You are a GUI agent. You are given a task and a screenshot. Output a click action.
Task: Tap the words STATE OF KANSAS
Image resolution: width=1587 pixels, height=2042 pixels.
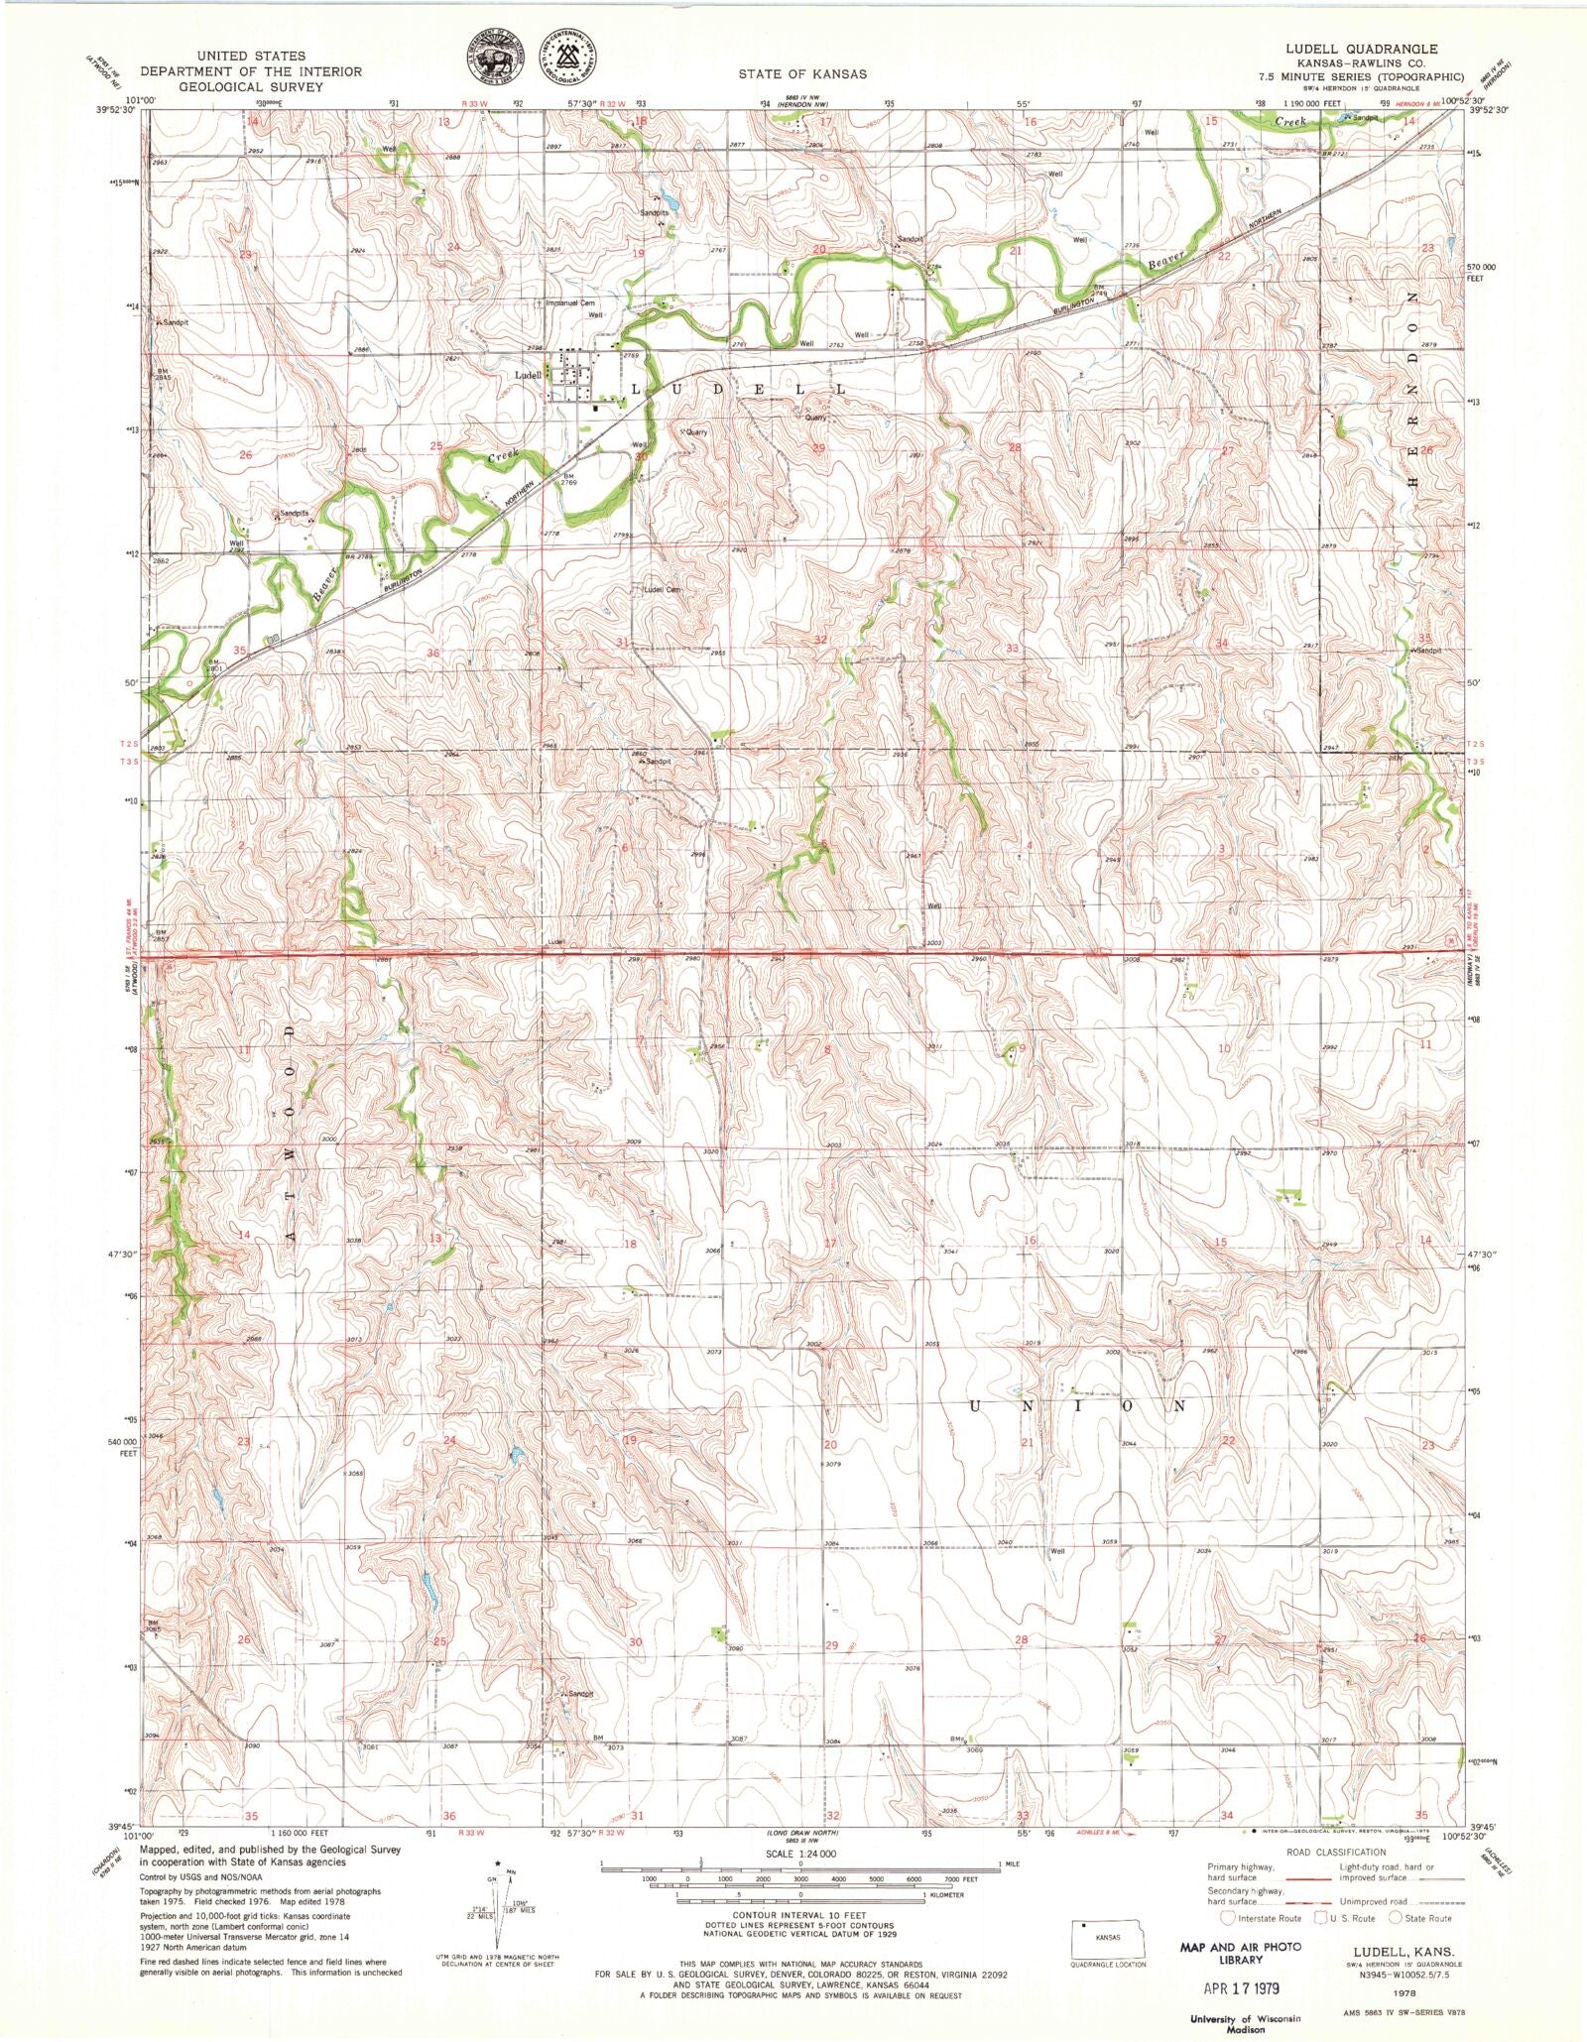(x=801, y=74)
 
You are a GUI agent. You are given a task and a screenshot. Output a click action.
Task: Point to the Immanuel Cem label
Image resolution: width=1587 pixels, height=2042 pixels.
(x=571, y=302)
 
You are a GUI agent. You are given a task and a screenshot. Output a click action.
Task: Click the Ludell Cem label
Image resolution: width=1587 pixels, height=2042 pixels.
(x=663, y=589)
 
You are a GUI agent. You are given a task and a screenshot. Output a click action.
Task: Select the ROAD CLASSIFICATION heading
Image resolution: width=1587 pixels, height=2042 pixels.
(x=1335, y=1852)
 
